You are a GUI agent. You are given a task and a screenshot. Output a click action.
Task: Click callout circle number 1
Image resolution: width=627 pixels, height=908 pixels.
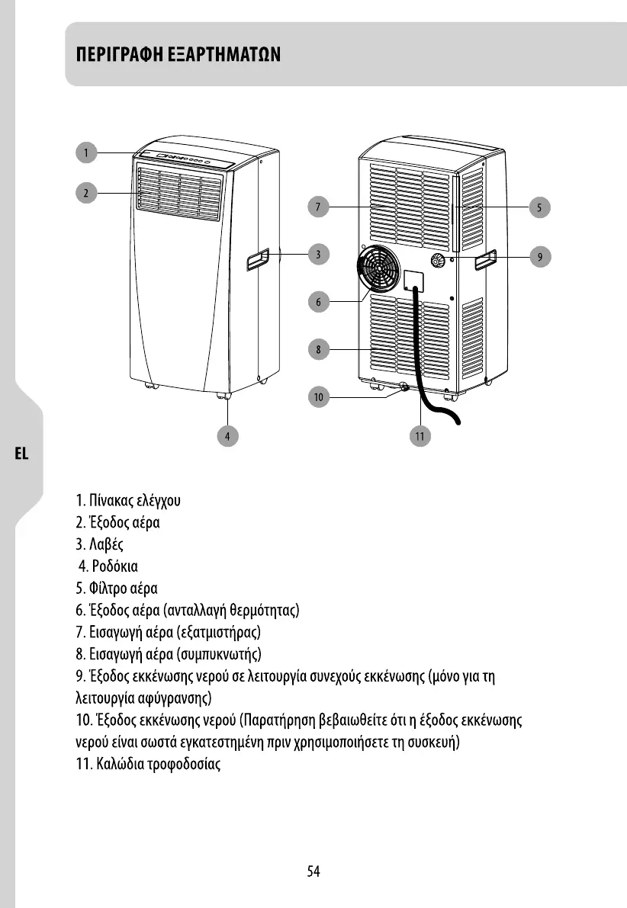coord(87,152)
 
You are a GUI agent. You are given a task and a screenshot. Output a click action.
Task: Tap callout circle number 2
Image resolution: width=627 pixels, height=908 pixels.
coord(87,193)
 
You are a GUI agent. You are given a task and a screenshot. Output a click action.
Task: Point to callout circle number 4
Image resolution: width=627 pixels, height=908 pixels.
coord(227,436)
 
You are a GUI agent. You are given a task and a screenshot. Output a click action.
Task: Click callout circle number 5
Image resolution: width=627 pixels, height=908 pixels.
coord(539,207)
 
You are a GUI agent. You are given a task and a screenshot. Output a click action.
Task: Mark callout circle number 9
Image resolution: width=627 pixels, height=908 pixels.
coord(539,257)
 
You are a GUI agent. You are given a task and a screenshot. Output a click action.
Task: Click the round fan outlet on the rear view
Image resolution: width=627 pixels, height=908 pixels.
coord(379,268)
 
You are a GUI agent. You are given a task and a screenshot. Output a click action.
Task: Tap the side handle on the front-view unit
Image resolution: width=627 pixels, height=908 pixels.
coord(257,261)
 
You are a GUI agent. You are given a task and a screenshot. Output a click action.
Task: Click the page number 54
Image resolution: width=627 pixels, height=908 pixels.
coord(313,871)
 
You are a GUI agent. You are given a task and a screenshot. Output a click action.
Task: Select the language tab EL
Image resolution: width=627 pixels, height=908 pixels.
coord(21,454)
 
